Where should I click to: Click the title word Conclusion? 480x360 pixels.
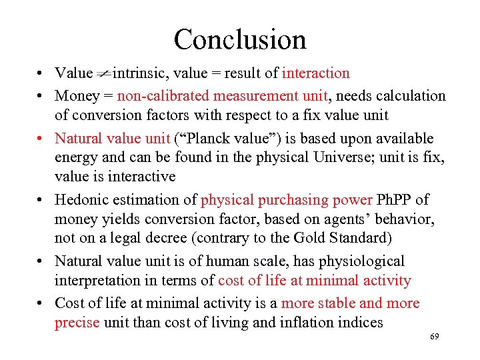(240, 39)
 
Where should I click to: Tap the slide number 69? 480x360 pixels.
(435, 337)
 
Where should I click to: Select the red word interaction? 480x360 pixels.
(315, 73)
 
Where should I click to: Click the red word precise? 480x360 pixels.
(77, 323)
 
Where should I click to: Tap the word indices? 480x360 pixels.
(359, 323)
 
